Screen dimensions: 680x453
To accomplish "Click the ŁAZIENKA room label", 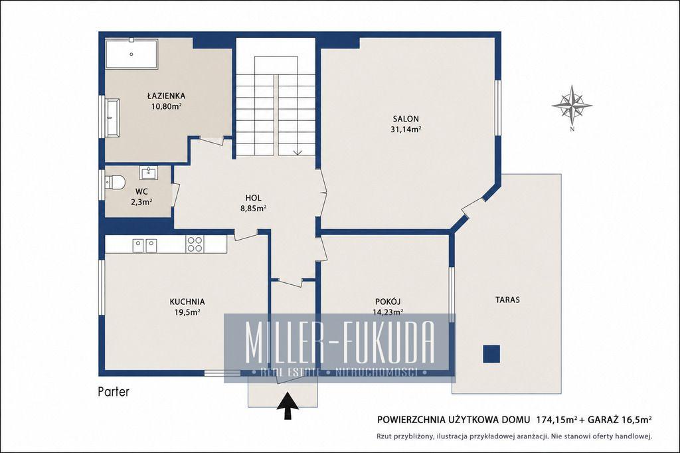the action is [x=166, y=96].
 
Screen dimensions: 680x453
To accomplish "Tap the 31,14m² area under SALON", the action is [x=406, y=129].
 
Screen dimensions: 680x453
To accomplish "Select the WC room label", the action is [x=141, y=191].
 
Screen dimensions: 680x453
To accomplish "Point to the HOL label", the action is [x=253, y=199].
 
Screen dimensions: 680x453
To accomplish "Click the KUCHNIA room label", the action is [x=187, y=302].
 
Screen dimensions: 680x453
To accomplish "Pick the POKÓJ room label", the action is [x=388, y=302].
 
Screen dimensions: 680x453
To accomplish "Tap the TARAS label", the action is [x=507, y=300].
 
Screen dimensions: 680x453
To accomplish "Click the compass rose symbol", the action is [x=572, y=104].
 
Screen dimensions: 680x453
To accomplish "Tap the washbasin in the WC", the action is [x=149, y=172].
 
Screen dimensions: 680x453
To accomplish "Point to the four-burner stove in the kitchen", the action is [x=195, y=244].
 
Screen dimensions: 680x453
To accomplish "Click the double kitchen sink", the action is [x=144, y=245].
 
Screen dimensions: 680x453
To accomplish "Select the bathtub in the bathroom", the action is [x=131, y=54].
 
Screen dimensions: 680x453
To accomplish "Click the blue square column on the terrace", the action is [x=491, y=353].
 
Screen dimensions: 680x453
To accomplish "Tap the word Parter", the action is [x=114, y=392].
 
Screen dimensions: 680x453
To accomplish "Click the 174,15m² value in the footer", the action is [x=557, y=420].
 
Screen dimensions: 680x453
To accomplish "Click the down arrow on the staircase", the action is [x=297, y=152].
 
